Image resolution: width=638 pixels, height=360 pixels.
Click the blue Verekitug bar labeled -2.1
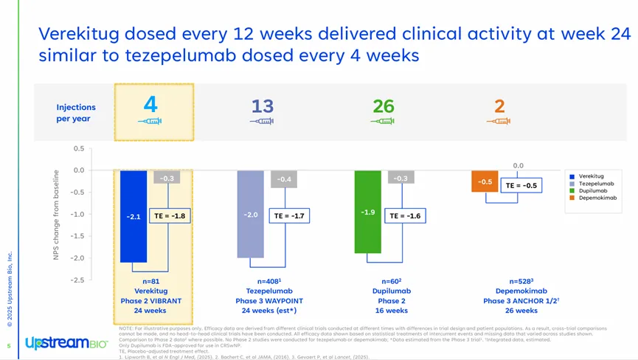[x=134, y=216]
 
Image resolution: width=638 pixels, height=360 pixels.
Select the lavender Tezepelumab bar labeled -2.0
[x=251, y=214]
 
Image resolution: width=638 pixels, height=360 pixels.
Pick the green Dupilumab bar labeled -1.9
[x=368, y=212]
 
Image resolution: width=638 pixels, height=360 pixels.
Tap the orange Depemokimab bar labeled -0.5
[x=485, y=181]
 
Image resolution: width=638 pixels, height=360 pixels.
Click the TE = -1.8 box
[x=170, y=216]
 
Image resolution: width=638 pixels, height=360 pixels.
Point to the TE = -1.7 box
[x=287, y=216]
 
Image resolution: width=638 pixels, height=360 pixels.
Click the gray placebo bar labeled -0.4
[x=284, y=179]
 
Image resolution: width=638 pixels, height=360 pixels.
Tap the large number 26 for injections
[x=384, y=106]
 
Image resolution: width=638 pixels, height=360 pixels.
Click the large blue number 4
[x=150, y=105]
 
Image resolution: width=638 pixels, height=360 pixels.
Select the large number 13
[x=263, y=106]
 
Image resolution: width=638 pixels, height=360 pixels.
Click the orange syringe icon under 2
[x=499, y=121]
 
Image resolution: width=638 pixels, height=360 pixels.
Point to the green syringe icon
[x=383, y=121]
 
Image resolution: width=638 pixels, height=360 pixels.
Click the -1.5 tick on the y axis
[x=77, y=236]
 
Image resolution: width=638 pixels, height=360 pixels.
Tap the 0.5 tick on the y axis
[x=79, y=148]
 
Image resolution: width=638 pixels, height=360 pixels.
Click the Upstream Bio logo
[x=66, y=343]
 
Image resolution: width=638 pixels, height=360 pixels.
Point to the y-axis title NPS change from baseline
[x=56, y=214]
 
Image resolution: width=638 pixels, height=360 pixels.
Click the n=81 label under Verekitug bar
[x=151, y=282]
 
